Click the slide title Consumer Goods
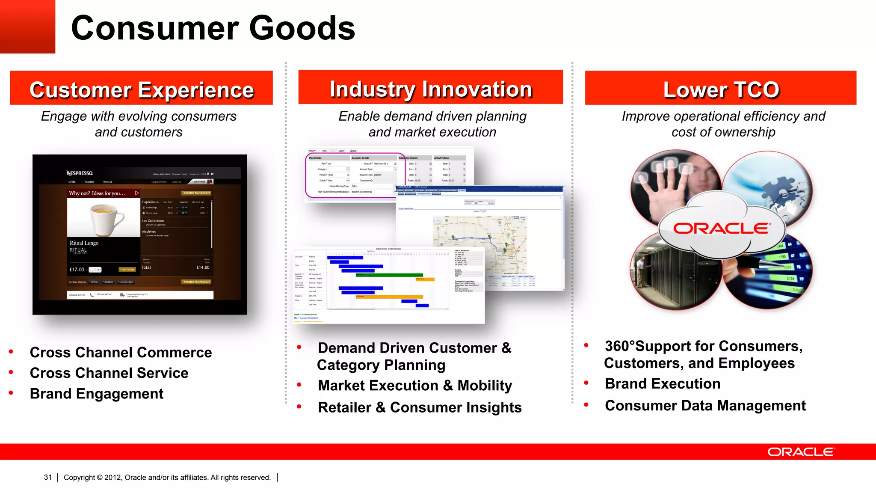213,28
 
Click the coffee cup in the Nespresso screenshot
104,219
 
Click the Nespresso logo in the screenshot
80,173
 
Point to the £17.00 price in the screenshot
77,270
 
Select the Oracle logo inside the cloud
722,229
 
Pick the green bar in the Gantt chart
389,275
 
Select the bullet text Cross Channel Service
109,373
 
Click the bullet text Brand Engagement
97,393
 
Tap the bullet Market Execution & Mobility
414,385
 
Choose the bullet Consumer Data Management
705,405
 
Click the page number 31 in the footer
47,477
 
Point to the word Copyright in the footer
79,477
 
